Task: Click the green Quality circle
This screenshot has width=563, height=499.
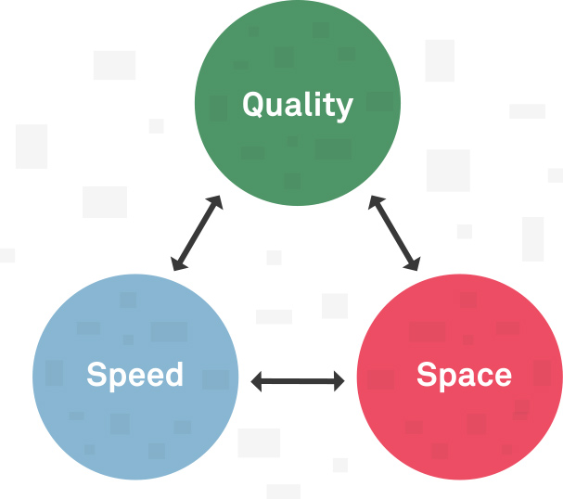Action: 298,139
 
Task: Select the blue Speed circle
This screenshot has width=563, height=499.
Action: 135,408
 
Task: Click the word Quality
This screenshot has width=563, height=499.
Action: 298,105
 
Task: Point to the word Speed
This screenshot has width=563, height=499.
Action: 135,375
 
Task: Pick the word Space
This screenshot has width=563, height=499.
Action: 464,375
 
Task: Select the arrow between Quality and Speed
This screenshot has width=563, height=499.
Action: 198,233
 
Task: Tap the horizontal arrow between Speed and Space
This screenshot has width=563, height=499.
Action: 298,379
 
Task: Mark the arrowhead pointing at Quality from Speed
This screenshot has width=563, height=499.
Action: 216,201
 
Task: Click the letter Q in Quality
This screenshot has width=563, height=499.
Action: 254,105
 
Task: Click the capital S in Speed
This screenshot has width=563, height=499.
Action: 96,375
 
